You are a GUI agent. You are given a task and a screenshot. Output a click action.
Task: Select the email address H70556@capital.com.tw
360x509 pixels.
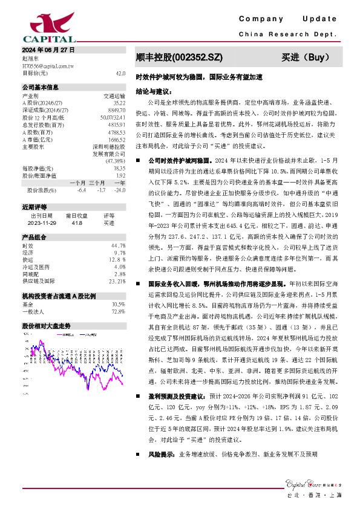[48, 65]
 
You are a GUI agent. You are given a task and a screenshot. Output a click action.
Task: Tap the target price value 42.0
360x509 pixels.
[120, 73]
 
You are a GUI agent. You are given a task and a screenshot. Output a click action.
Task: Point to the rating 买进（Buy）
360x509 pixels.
[305, 58]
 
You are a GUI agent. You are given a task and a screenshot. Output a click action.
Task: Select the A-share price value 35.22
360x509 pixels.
[119, 103]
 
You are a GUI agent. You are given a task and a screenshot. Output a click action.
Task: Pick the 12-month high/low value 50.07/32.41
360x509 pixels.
[114, 117]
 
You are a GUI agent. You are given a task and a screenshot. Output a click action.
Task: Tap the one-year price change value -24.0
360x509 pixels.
[120, 190]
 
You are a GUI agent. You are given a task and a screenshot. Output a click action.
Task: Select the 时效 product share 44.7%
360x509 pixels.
[119, 246]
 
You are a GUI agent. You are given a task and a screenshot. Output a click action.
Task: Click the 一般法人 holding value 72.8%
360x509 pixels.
[119, 311]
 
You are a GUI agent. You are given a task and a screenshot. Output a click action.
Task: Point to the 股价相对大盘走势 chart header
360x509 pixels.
[46, 325]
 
